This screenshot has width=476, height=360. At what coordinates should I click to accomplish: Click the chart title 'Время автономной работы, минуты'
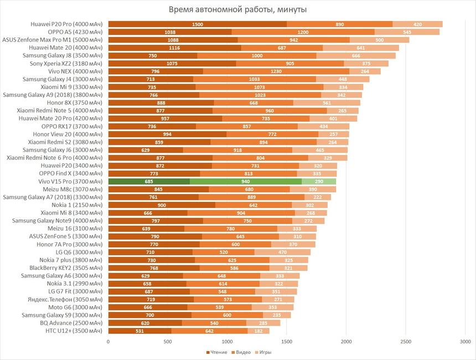[x=238, y=10]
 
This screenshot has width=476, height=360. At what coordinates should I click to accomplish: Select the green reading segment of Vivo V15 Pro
[x=149, y=181]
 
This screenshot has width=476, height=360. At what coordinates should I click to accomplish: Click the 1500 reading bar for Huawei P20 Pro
[x=197, y=24]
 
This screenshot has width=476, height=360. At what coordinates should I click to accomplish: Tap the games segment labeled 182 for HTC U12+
[x=258, y=331]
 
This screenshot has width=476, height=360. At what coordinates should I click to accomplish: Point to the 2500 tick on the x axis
[x=406, y=342]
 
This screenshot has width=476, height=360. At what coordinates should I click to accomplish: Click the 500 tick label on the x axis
[x=168, y=342]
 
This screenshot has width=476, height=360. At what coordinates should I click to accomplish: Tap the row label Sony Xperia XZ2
[x=66, y=64]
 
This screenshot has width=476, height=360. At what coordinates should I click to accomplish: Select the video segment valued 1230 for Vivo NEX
[x=276, y=71]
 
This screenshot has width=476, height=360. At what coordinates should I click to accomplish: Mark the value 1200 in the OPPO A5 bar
[x=303, y=32]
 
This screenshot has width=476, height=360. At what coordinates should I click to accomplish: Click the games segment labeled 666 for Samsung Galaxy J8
[x=356, y=56]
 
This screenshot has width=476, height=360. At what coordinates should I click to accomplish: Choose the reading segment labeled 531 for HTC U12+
[x=139, y=331]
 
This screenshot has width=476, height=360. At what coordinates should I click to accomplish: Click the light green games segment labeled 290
[x=319, y=181]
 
